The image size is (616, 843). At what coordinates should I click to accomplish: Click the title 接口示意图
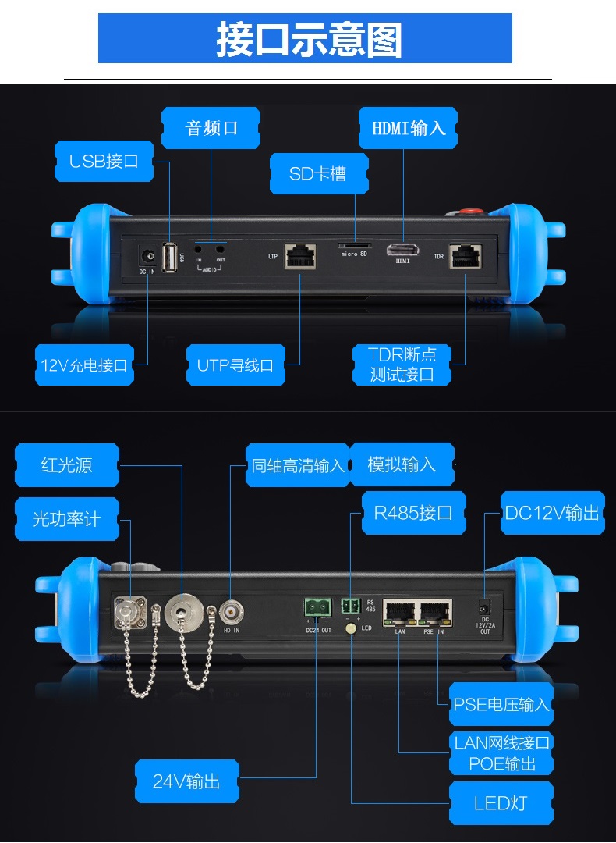[308, 39]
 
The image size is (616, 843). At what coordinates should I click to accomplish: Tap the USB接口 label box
[104, 162]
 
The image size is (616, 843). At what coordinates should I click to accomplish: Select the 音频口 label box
[211, 127]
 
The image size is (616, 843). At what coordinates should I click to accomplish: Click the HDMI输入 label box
[408, 127]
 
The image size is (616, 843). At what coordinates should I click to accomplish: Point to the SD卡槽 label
[317, 173]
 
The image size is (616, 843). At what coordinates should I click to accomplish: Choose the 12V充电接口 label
[83, 365]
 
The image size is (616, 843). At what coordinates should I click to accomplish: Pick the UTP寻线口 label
[235, 365]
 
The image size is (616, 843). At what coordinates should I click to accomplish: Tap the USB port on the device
[170, 258]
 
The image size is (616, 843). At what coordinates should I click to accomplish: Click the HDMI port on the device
[402, 251]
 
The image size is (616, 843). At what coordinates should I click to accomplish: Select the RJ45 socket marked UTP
[300, 255]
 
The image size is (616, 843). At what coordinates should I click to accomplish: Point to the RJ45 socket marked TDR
[465, 255]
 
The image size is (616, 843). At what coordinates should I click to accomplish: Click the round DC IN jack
[146, 255]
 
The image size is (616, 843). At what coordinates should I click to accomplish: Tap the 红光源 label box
[67, 465]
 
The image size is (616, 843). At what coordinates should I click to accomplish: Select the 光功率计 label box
[67, 519]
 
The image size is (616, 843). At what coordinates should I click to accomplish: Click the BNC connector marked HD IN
[232, 610]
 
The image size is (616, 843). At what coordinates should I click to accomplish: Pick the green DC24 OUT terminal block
[317, 606]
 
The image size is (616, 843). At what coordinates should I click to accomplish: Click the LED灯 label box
[501, 802]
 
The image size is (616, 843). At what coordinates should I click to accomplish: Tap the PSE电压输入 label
[501, 704]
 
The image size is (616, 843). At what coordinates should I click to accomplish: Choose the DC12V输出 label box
[552, 513]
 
